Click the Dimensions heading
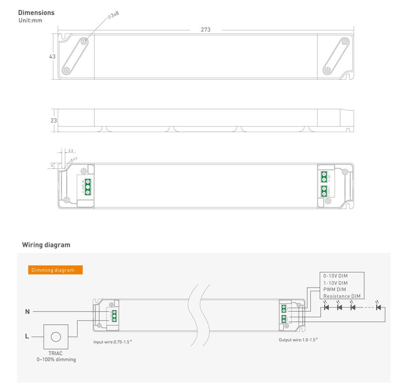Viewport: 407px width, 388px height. point(36,13)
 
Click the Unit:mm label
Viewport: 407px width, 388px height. point(31,20)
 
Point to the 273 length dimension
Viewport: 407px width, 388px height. point(206,30)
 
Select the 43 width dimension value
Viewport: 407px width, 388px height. point(52,57)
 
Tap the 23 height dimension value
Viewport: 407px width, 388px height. point(54,121)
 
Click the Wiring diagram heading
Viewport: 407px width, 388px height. point(46,245)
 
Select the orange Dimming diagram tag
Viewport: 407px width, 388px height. point(55,270)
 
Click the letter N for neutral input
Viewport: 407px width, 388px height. point(27,312)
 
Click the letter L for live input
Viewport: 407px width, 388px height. point(27,336)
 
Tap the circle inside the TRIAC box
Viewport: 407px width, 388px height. point(55,337)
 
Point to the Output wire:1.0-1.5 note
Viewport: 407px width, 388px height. point(298,339)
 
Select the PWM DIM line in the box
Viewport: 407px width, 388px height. point(335,289)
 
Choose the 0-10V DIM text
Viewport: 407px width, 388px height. point(335,276)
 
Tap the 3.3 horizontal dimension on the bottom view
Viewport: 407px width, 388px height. point(71,151)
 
